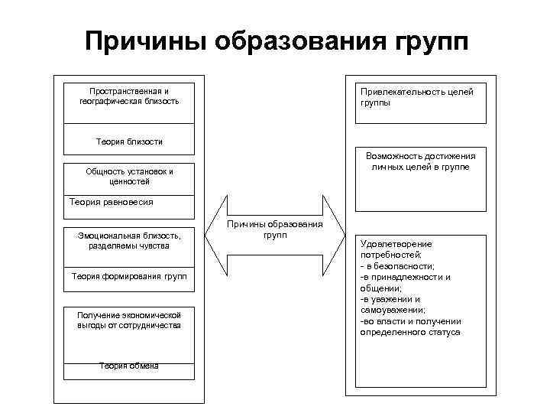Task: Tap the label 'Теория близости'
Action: [x=129, y=141]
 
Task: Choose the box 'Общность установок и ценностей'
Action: [x=129, y=177]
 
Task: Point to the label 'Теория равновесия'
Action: [x=112, y=202]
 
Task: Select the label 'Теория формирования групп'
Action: [x=129, y=275]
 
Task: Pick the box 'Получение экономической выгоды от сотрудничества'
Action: [x=129, y=320]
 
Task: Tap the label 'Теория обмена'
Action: [x=129, y=366]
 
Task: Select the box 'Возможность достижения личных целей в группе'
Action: [x=421, y=161]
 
